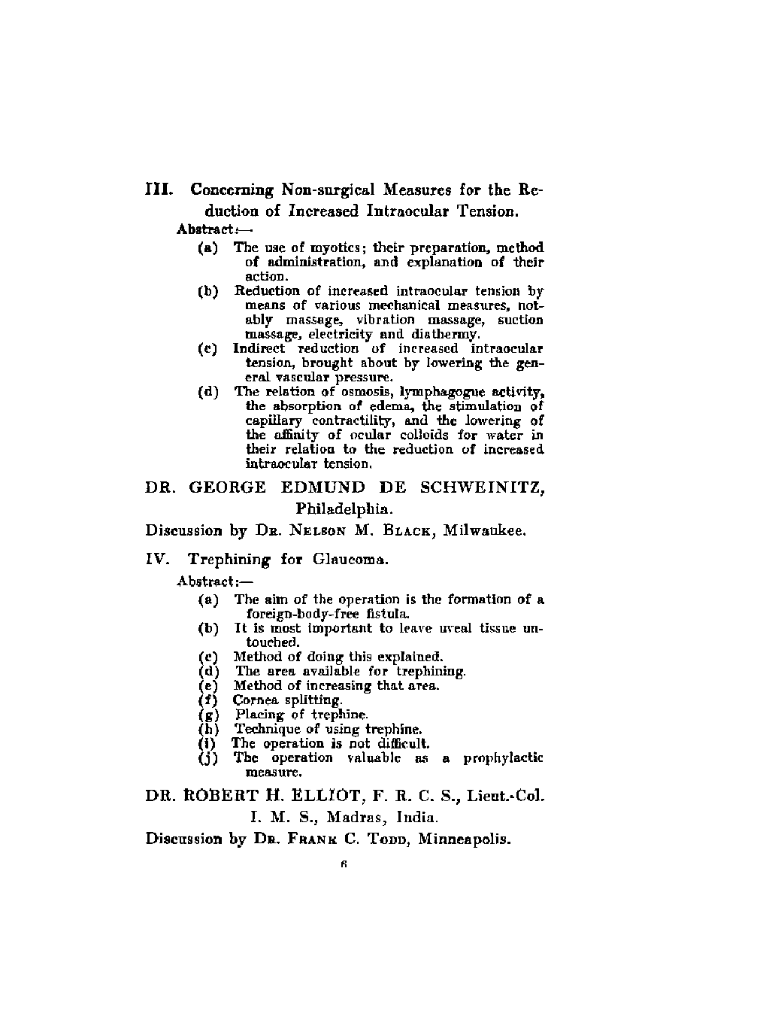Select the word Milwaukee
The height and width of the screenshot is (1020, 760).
[484, 531]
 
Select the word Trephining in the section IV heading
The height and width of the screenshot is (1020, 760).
[229, 560]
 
